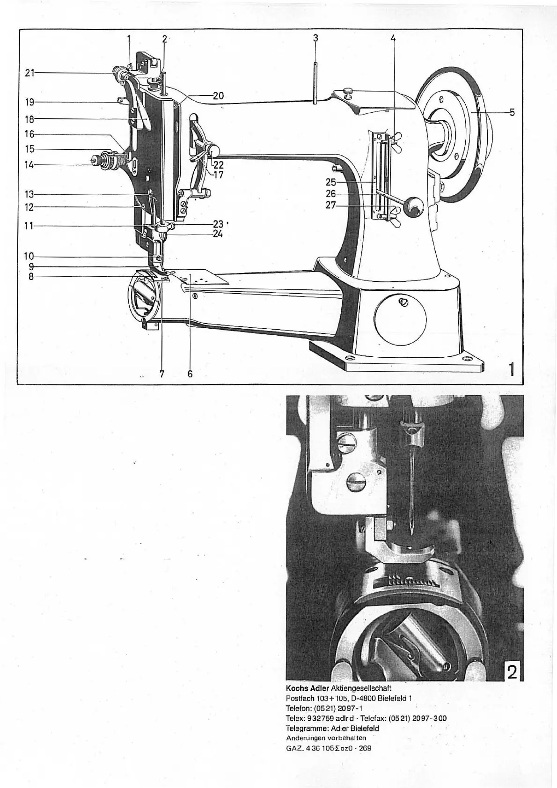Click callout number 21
pos(30,73)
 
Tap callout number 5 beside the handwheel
pos(512,112)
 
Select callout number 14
pos(30,165)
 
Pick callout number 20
pos(218,96)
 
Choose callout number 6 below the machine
pos(190,374)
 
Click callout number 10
pos(29,256)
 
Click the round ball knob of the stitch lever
pos(413,206)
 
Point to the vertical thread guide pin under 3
pos(315,82)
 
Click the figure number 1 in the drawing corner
pos(512,370)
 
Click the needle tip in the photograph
pos(410,534)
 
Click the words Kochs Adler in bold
pos(308,688)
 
